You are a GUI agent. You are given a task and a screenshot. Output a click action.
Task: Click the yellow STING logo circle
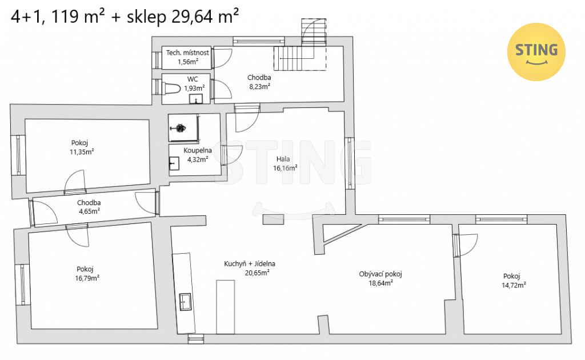pos(536,51)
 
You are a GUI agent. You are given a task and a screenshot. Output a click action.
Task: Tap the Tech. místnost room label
pos(187,53)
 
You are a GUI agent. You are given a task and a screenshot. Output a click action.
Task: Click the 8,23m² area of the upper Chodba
pos(259,86)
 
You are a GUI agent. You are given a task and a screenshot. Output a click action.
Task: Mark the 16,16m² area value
pos(286,168)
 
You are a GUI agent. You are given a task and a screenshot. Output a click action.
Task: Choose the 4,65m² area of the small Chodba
pos(89,211)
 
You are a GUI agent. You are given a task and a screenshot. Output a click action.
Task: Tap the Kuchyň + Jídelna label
pos(249,264)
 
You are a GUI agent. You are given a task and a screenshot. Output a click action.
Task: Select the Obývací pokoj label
pos(380,274)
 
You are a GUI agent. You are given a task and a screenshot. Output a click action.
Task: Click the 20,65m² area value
pos(257,273)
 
